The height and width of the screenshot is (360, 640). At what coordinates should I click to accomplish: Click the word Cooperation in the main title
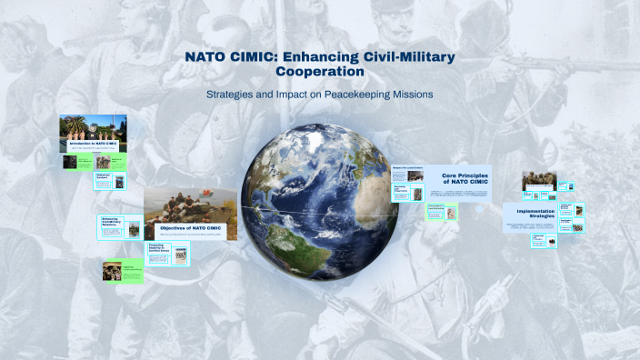pos(319,72)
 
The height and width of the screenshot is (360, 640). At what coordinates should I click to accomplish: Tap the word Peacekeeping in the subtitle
pos(356,95)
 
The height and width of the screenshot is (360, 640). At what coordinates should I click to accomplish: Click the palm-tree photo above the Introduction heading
pos(92,126)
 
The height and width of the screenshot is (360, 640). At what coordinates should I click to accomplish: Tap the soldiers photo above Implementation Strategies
pos(538,182)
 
